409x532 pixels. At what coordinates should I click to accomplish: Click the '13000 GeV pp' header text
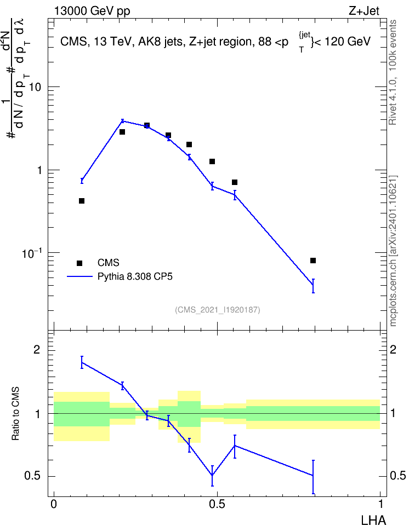point(92,11)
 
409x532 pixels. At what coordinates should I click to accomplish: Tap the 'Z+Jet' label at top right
point(364,11)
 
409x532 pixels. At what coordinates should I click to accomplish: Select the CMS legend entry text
point(109,263)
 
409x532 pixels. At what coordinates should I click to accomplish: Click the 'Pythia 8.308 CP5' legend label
point(135,277)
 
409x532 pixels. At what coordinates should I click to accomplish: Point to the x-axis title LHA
point(373,521)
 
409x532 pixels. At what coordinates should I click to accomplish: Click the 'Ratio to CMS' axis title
point(15,414)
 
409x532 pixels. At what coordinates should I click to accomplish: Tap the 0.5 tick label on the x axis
point(217,504)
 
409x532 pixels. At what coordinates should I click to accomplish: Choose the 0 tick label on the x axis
point(54,504)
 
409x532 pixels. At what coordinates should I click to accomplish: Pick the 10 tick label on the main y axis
point(35,87)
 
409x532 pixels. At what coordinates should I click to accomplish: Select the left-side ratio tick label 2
point(37,350)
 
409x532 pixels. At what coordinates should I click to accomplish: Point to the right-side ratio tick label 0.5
point(397,476)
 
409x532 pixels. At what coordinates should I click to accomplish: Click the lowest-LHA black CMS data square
point(82,201)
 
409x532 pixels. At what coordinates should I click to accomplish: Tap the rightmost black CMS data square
point(313,261)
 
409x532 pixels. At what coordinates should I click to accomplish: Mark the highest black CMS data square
point(147,125)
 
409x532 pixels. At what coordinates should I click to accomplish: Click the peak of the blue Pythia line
point(122,121)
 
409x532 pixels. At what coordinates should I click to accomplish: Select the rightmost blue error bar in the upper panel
point(313,286)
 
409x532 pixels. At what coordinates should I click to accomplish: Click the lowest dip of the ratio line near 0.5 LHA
point(212,475)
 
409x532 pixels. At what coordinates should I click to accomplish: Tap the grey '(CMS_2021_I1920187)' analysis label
point(218,310)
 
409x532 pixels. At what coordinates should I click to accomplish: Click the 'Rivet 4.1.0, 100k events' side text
point(393,72)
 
